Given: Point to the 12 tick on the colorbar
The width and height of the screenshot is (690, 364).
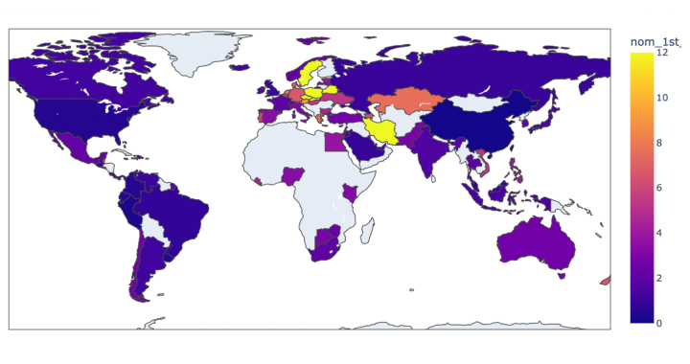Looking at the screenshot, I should pos(659,54).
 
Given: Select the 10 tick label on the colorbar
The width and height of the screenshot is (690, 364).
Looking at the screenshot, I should pos(659,99).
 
